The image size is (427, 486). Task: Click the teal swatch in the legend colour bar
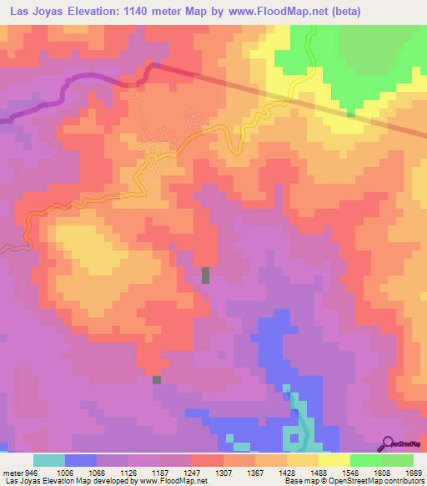pyautogui.click(x=49, y=460)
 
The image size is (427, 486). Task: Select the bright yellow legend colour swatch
pyautogui.click(x=334, y=460)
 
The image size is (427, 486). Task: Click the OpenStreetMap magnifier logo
pyautogui.click(x=389, y=443)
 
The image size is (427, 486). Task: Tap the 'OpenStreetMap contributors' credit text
pyautogui.click(x=376, y=481)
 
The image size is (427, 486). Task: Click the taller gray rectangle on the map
pyautogui.click(x=206, y=276)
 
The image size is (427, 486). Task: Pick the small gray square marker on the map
pyautogui.click(x=156, y=380)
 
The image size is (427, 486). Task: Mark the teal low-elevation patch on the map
pyautogui.click(x=296, y=418)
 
